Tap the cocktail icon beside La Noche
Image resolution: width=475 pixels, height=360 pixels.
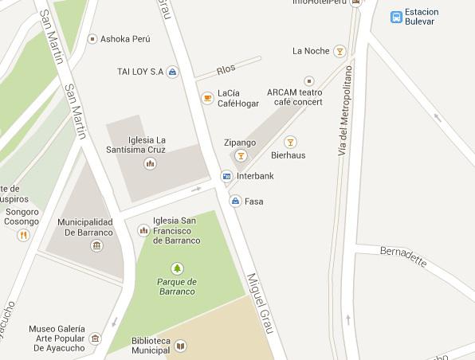pyautogui.click(x=340, y=52)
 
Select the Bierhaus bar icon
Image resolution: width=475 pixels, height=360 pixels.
pyautogui.click(x=290, y=142)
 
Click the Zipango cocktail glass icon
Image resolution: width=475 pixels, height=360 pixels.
pyautogui.click(x=240, y=155)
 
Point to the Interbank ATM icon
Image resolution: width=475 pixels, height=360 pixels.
pyautogui.click(x=226, y=175)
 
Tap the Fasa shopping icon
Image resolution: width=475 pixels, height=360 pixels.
pyautogui.click(x=235, y=202)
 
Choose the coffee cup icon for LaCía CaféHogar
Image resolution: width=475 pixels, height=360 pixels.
pyautogui.click(x=207, y=98)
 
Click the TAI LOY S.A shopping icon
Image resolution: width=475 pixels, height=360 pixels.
pyautogui.click(x=173, y=72)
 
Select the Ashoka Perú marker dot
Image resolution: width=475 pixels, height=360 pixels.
pyautogui.click(x=92, y=38)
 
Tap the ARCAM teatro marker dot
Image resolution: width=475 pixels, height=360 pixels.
pyautogui.click(x=309, y=81)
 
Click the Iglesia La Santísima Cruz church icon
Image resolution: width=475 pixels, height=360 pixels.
pyautogui.click(x=150, y=163)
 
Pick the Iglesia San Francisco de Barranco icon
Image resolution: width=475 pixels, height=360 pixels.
pyautogui.click(x=143, y=230)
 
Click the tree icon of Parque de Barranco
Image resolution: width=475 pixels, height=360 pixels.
pyautogui.click(x=176, y=268)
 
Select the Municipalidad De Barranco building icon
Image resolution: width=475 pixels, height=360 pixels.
pyautogui.click(x=96, y=245)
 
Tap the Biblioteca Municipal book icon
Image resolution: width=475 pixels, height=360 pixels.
pyautogui.click(x=181, y=345)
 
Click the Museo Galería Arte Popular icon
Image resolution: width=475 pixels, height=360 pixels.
pyautogui.click(x=96, y=338)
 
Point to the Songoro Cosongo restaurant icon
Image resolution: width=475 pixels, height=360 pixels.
pyautogui.click(x=24, y=235)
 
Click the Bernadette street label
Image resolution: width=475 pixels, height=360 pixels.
pyautogui.click(x=403, y=256)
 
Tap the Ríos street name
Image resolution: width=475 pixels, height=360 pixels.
pyautogui.click(x=226, y=68)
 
